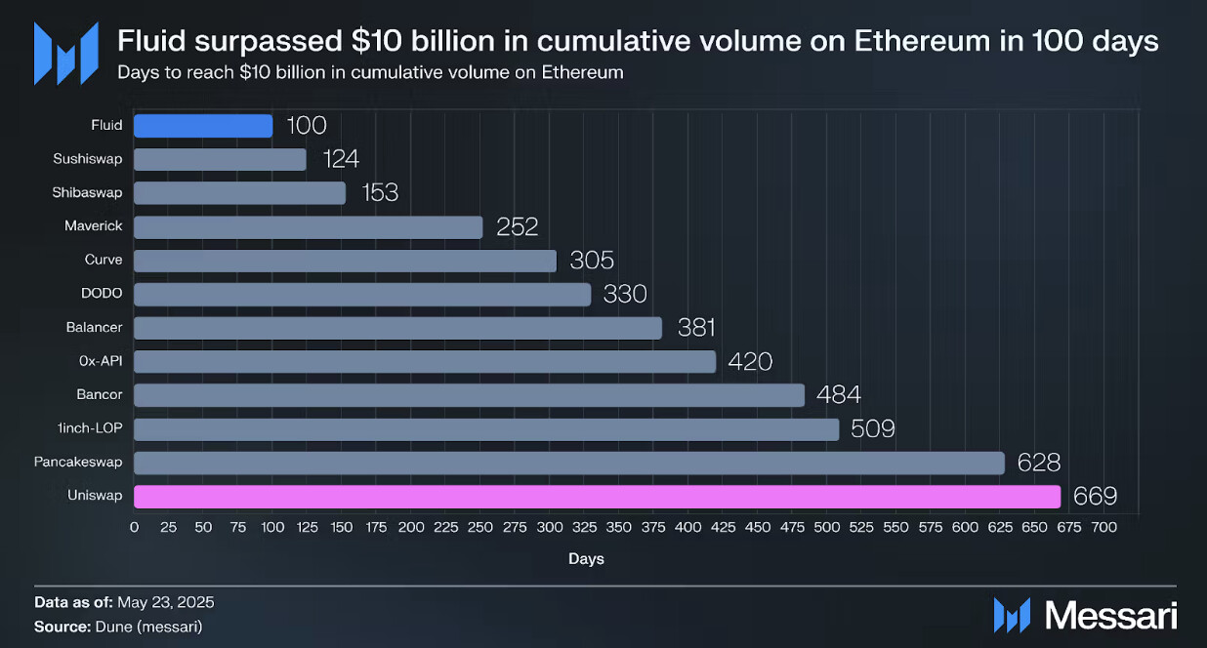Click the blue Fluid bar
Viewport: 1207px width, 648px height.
point(203,126)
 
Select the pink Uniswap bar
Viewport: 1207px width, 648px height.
point(597,497)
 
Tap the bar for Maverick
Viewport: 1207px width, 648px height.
point(308,227)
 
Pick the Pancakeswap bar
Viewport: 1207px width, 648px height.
point(568,463)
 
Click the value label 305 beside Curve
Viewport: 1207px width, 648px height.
point(592,261)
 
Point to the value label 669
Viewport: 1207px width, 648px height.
point(1095,497)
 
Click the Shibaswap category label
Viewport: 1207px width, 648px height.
point(88,193)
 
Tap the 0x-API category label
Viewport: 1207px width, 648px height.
point(100,361)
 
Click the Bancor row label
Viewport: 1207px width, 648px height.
point(100,395)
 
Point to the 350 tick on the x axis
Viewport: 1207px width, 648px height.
point(619,527)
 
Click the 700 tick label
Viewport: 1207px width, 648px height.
point(1103,527)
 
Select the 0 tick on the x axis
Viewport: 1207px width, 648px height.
point(134,527)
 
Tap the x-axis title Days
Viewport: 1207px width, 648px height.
point(586,559)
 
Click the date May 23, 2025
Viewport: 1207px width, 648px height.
point(167,602)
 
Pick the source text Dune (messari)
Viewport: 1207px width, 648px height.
point(148,627)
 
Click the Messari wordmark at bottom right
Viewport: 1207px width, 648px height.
point(1110,615)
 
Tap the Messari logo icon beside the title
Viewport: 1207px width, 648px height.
point(65,52)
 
